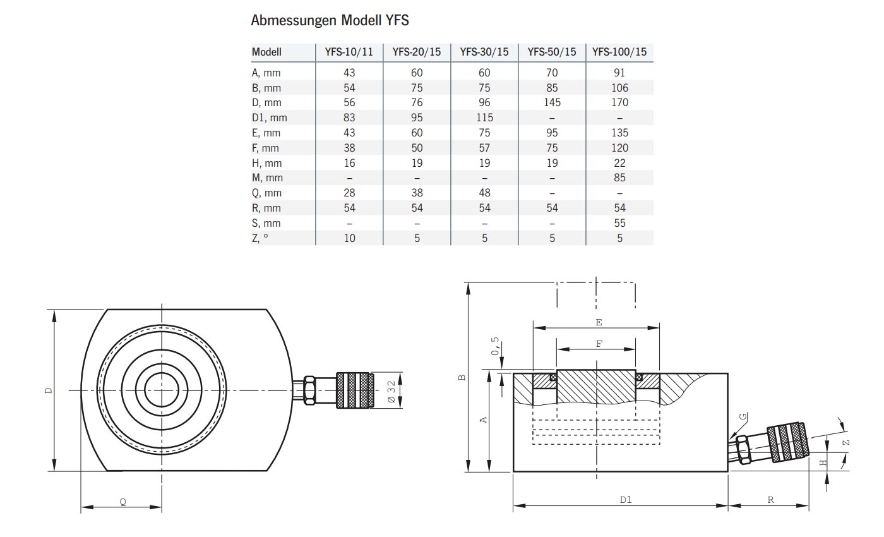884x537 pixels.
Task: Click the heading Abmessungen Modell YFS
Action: (x=330, y=20)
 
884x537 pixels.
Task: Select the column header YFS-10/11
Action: (x=349, y=52)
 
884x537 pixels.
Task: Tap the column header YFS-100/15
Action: (x=619, y=52)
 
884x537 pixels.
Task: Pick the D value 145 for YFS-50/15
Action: (x=552, y=102)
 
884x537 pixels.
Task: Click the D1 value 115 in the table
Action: (x=484, y=118)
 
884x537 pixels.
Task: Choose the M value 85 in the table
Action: (x=619, y=178)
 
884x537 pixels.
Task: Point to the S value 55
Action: (x=619, y=223)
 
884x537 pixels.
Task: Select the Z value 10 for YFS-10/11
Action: (x=349, y=238)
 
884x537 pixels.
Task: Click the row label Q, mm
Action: (x=266, y=193)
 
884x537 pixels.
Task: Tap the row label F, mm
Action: (x=265, y=148)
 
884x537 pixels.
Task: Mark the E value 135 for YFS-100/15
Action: (x=619, y=133)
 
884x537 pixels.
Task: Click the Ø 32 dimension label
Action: (x=391, y=390)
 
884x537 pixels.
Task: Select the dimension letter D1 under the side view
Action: (x=625, y=500)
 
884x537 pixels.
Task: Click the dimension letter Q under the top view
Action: (x=122, y=502)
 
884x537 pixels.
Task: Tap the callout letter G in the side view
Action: (x=743, y=417)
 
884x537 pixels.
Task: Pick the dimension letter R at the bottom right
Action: (x=771, y=500)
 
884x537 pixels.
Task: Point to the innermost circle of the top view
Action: (x=162, y=390)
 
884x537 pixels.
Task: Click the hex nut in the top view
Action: (x=309, y=390)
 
